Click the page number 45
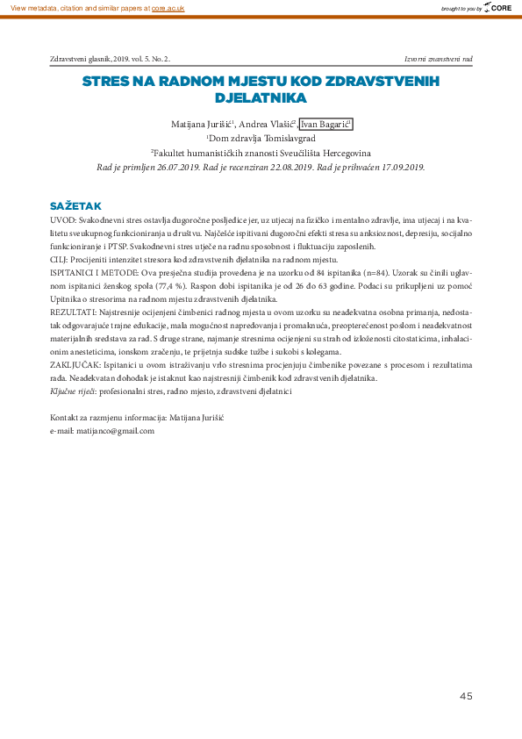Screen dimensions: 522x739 pos(466,696)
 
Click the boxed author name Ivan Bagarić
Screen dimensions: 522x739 pos(325,126)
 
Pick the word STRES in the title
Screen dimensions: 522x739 pos(104,82)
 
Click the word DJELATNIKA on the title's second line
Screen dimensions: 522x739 pos(261,98)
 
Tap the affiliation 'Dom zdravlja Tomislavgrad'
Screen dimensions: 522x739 pos(261,139)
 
